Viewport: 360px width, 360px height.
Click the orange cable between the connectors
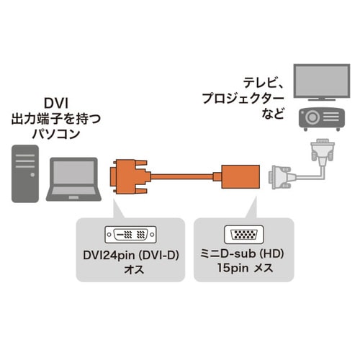coord(183,176)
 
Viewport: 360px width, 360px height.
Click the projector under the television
coord(322,118)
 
